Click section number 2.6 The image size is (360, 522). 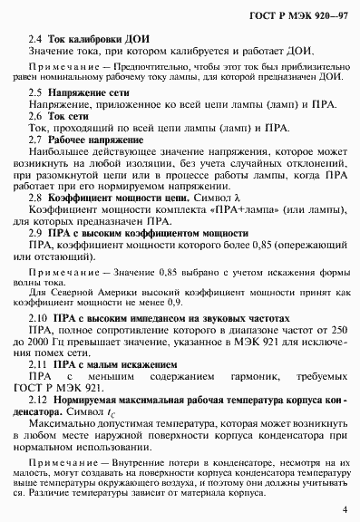36,117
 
